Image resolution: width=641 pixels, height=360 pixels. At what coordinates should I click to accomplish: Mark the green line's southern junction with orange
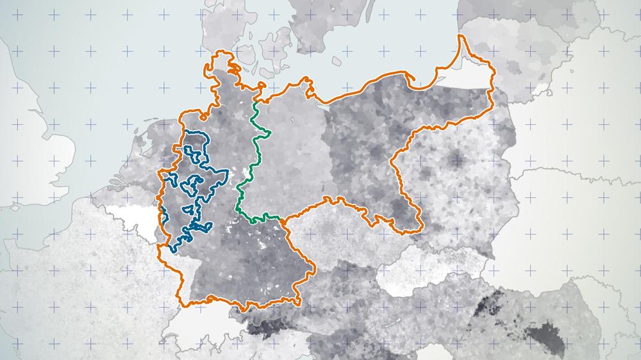[281, 220]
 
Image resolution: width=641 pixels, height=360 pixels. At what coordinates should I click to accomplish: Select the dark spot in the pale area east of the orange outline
[457, 158]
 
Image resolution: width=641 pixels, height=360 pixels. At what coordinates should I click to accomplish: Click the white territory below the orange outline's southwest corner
[186, 323]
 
